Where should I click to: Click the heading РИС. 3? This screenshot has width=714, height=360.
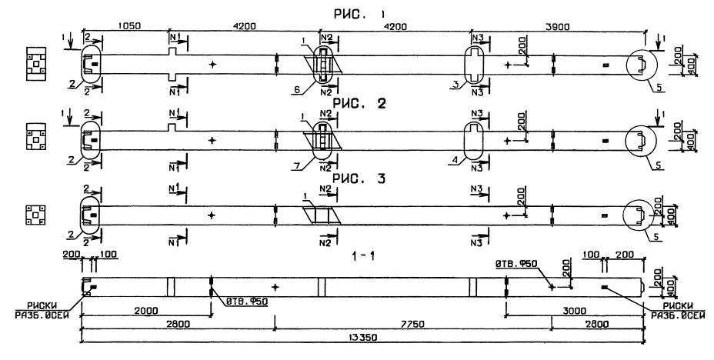click(354, 179)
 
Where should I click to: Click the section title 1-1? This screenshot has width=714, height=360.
click(353, 250)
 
